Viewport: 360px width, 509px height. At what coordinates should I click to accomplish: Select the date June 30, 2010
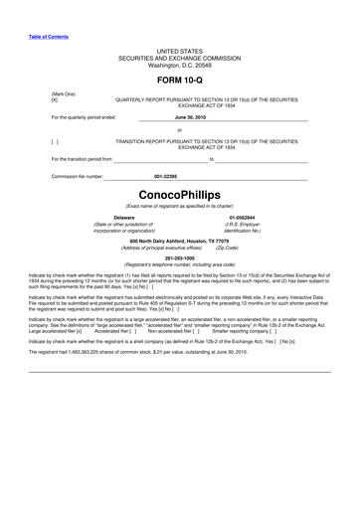pos(179,116)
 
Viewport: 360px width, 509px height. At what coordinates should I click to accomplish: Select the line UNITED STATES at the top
pos(179,49)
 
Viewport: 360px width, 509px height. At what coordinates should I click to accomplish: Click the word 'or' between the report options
pos(179,129)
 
